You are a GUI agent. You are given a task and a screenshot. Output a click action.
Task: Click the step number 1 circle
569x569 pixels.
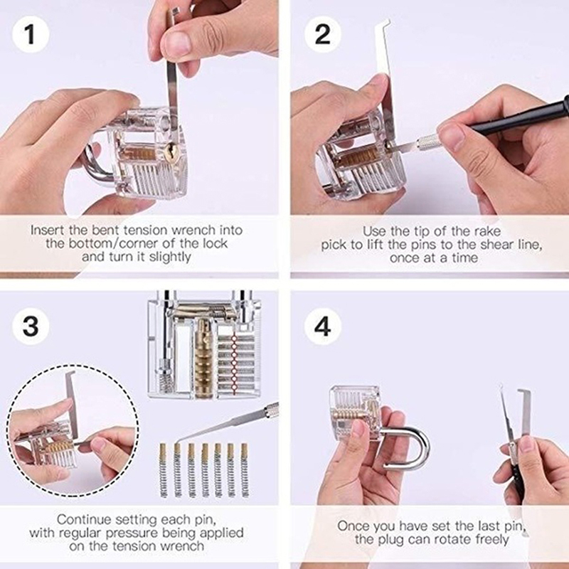(x=31, y=35)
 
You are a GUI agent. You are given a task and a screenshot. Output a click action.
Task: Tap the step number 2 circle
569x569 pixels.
(x=323, y=35)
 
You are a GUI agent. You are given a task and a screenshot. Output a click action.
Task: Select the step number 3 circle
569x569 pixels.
(x=31, y=326)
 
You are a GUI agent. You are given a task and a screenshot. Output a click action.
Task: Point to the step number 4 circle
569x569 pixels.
(x=323, y=326)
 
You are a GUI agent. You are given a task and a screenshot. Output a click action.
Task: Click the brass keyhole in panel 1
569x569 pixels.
(x=170, y=152)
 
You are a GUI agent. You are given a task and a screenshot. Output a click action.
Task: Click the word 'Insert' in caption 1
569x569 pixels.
(x=47, y=230)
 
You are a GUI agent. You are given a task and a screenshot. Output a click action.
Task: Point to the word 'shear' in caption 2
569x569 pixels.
(x=497, y=245)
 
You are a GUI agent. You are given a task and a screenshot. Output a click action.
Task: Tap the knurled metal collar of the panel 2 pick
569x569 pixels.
(x=430, y=142)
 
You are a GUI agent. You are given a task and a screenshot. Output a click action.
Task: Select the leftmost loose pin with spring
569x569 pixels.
(x=164, y=470)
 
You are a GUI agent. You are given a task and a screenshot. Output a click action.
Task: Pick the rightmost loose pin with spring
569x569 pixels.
(x=245, y=470)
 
